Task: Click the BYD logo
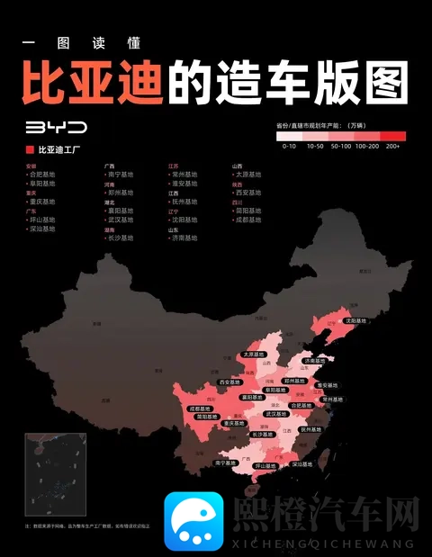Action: click(x=56, y=128)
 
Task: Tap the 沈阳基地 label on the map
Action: click(x=355, y=320)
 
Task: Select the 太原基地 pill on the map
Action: click(x=255, y=355)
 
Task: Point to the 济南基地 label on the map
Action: click(x=316, y=361)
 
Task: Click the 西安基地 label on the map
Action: click(x=232, y=383)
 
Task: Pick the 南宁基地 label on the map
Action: click(x=227, y=463)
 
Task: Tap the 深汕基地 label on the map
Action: click(x=302, y=464)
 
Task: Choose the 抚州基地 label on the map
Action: click(x=310, y=430)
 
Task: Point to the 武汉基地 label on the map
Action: click(x=277, y=414)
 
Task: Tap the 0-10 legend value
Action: click(x=289, y=145)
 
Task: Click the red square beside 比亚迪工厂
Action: click(x=30, y=149)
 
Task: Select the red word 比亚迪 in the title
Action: click(x=92, y=81)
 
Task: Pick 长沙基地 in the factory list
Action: click(x=120, y=238)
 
